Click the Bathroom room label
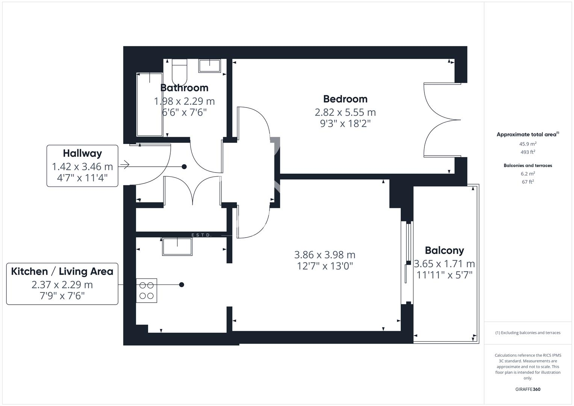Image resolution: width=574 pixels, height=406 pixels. pyautogui.click(x=184, y=88)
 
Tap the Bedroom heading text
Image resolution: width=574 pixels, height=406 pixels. pyautogui.click(x=345, y=99)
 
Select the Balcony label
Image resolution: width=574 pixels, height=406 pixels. pyautogui.click(x=444, y=250)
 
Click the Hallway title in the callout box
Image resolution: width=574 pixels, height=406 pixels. pyautogui.click(x=82, y=153)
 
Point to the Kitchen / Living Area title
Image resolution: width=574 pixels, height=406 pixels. pyautogui.click(x=62, y=271)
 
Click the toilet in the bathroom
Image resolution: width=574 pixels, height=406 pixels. pyautogui.click(x=179, y=71)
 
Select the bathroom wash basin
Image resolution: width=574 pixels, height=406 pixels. pyautogui.click(x=210, y=65)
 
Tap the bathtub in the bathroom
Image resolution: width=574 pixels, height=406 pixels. pyautogui.click(x=150, y=105)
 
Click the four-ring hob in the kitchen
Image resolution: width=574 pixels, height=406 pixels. pyautogui.click(x=147, y=291)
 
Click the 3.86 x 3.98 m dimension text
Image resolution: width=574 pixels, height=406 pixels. pyautogui.click(x=325, y=255)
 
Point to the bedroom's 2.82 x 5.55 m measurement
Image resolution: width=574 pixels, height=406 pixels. pyautogui.click(x=345, y=112)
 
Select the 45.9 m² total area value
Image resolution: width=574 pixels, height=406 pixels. pyautogui.click(x=528, y=144)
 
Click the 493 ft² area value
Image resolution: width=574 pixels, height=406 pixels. pyautogui.click(x=528, y=152)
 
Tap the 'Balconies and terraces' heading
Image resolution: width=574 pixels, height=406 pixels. pyautogui.click(x=528, y=165)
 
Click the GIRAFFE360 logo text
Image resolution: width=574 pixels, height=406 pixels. pyautogui.click(x=528, y=389)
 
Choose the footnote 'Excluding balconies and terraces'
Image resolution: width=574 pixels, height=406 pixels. pyautogui.click(x=528, y=333)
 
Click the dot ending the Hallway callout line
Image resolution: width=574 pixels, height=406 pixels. pyautogui.click(x=184, y=167)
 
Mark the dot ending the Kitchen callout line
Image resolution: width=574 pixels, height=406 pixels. pyautogui.click(x=182, y=285)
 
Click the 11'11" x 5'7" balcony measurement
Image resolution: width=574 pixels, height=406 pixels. pyautogui.click(x=444, y=275)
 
